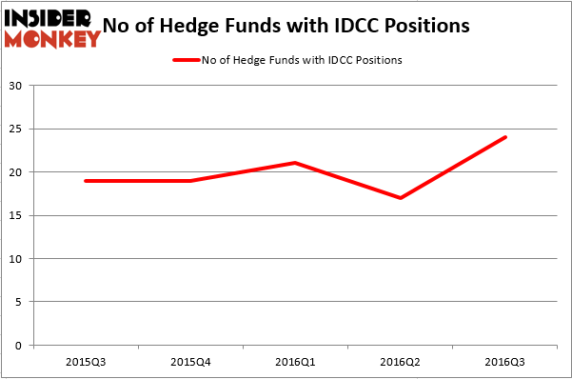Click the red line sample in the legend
click(186, 60)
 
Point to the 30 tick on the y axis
click(16, 86)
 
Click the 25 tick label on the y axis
click(16, 129)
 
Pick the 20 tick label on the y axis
click(16, 172)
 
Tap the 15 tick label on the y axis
click(16, 215)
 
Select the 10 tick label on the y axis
click(16, 259)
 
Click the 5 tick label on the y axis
click(19, 302)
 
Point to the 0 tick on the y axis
click(19, 346)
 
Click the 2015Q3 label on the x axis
click(86, 363)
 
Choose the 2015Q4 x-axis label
click(190, 363)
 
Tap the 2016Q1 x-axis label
click(296, 363)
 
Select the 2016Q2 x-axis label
click(401, 363)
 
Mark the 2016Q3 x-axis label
click(505, 363)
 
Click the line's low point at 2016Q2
click(401, 198)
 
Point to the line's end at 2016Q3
click(505, 137)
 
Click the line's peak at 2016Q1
click(296, 163)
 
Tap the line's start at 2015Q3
click(86, 181)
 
